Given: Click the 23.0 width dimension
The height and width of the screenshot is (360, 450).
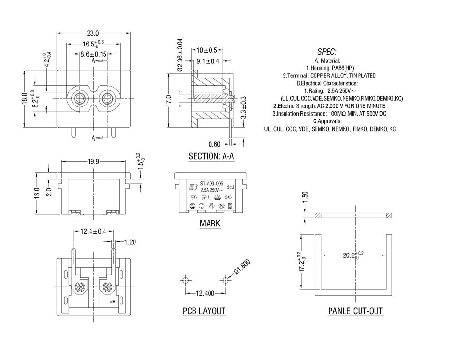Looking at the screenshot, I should point(93,33).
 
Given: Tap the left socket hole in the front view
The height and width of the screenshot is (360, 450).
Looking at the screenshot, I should point(78,99).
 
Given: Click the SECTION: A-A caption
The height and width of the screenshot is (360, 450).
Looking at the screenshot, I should point(211,156).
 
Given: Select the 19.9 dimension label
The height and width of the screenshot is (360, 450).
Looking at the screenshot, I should point(94,162).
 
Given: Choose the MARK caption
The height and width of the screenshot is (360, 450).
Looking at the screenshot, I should point(210,223).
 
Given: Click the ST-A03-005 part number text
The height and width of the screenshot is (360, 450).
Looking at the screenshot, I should point(211,184).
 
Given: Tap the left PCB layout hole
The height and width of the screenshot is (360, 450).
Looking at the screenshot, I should point(185,280).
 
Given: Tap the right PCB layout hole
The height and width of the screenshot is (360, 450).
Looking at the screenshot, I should point(225,280).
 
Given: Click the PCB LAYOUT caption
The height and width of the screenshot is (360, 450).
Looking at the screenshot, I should point(204,311).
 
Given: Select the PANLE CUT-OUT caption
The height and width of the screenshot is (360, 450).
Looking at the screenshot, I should point(356,311).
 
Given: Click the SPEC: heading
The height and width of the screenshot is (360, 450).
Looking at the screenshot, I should point(327,52).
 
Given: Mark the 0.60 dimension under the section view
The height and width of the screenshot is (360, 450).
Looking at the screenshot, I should point(214,144).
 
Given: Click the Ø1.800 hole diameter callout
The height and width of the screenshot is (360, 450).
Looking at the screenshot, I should point(242,267).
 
